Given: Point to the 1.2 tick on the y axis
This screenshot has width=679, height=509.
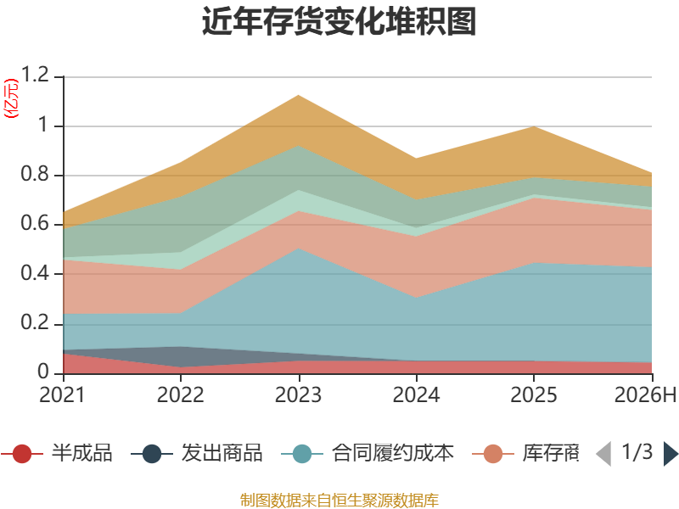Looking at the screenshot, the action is tap(35, 75).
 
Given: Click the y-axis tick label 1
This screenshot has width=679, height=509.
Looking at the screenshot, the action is tap(43, 125).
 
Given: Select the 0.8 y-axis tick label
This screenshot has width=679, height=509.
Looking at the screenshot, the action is tap(35, 174).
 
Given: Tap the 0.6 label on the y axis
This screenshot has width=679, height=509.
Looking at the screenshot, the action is tap(35, 223).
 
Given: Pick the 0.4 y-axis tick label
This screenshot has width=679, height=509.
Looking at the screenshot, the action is tap(35, 273).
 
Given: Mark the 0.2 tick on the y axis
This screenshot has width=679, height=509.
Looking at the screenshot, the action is tap(35, 322).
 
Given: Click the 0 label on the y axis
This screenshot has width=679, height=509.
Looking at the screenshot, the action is tap(43, 372).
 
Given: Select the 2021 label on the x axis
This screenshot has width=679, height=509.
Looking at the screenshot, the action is tap(62, 394).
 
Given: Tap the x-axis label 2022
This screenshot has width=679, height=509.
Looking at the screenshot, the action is tap(180, 394).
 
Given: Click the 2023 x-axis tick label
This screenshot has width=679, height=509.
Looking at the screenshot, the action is tap(299, 394).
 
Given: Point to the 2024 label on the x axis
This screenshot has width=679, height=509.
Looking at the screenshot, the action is tap(416, 394).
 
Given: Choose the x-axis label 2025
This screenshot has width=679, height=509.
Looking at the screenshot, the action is tap(534, 394).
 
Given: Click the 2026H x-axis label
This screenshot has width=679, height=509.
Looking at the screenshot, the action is tap(646, 394).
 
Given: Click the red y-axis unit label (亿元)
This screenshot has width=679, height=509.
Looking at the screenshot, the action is tap(11, 98).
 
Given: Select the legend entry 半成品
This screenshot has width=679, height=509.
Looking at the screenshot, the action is tap(56, 453).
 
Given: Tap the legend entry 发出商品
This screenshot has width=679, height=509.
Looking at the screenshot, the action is tap(197, 453).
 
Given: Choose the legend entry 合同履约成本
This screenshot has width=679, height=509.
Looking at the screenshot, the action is tap(368, 453).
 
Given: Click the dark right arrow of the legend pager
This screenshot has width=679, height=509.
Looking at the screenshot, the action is tap(671, 454).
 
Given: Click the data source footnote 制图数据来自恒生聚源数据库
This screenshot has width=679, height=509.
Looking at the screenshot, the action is tap(339, 501).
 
